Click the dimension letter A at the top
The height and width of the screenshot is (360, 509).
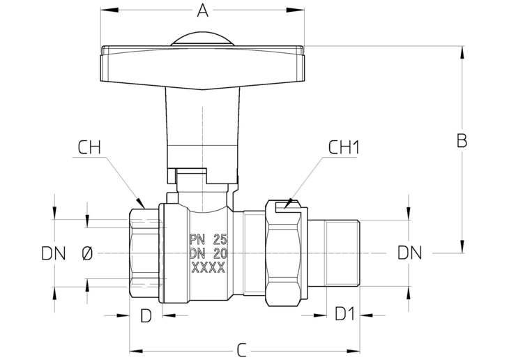pos(203,10)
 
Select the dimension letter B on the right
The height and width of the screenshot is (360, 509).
pos(462,141)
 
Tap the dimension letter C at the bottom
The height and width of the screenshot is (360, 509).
pos(241,350)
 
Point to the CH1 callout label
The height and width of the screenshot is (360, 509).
pos(344,147)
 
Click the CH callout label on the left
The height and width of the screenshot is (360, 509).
pos(89,147)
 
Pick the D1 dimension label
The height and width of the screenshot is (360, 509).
pos(345,314)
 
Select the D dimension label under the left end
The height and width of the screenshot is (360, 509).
pos(146,315)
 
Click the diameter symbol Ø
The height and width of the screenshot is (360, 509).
pos(87,253)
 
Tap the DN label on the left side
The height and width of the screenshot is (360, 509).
pos(54,253)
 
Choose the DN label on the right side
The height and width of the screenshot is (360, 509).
pos(410,253)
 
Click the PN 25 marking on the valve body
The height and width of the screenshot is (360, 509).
pos(208,240)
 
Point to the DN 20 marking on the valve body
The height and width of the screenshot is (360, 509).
pos(208,253)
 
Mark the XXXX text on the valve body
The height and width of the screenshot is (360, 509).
pos(208,267)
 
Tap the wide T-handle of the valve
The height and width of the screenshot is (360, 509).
pos(203,67)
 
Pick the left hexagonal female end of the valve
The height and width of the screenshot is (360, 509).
pos(144,253)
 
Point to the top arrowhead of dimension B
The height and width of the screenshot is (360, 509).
pos(462,52)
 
